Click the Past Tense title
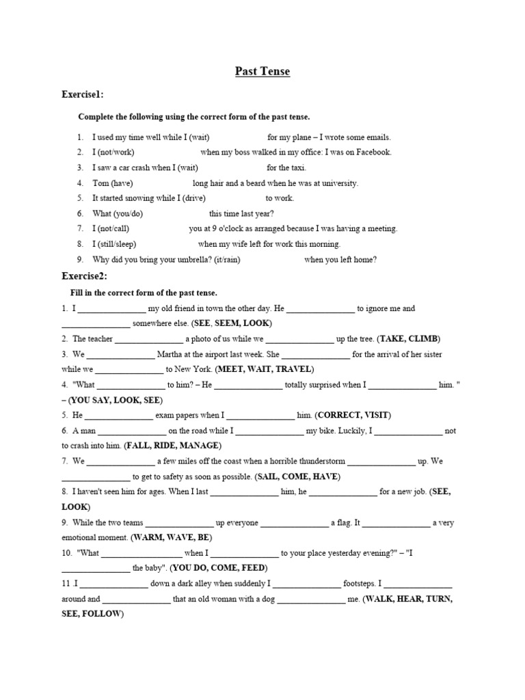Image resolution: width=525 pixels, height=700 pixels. coord(262,71)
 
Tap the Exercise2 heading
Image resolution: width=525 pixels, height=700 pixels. coord(84,276)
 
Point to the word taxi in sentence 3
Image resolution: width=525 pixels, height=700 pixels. coord(297,167)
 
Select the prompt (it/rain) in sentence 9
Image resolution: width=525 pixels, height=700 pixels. coord(220,259)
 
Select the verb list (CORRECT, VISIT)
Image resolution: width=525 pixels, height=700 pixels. coord(355,415)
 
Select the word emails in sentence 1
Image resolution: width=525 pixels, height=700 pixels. coord(377,137)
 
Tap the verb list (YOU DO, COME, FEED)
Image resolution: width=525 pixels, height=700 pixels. coord(219,568)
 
